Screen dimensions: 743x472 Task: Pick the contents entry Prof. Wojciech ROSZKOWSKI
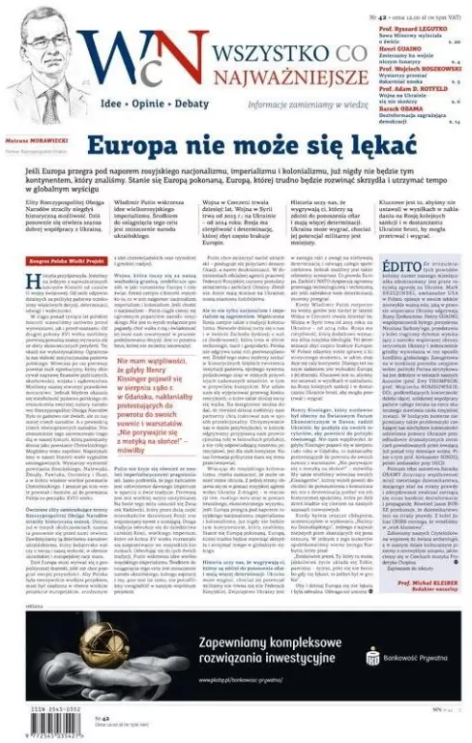point(414,65)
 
